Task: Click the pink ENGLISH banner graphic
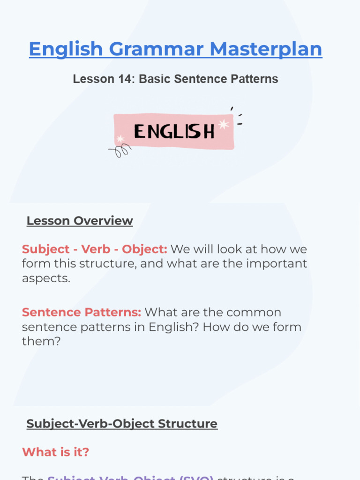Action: pos(174,131)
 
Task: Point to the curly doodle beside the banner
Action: pos(120,151)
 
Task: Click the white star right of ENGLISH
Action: pos(224,124)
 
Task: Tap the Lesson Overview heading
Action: pos(80,221)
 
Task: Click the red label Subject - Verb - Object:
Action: pos(94,249)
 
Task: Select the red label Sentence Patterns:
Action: pos(81,312)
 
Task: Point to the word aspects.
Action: pos(46,278)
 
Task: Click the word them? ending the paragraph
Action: pos(41,341)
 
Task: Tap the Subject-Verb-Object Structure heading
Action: pos(122,424)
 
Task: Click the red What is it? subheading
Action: pos(55,452)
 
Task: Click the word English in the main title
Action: pos(65,49)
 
